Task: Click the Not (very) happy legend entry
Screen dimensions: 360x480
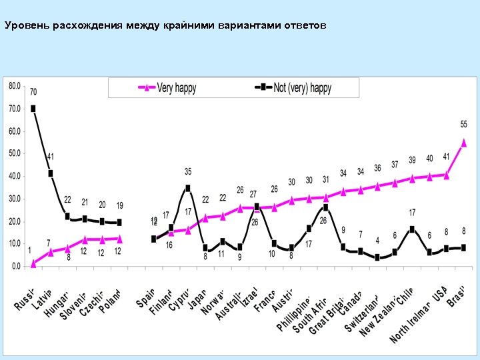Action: tap(293, 87)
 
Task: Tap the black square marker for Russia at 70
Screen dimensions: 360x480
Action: tap(33, 109)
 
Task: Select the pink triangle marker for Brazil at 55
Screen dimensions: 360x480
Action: tap(464, 143)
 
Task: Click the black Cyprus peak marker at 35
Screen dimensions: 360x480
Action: tap(188, 188)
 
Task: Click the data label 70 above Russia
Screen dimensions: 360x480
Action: tap(33, 92)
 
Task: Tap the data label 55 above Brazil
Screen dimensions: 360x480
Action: tap(464, 124)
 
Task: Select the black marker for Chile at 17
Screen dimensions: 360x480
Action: tap(413, 229)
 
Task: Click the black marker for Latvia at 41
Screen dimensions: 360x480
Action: tap(51, 173)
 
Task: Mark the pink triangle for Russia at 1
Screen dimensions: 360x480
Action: tap(33, 263)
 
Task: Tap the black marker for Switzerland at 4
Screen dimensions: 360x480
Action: tap(378, 257)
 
